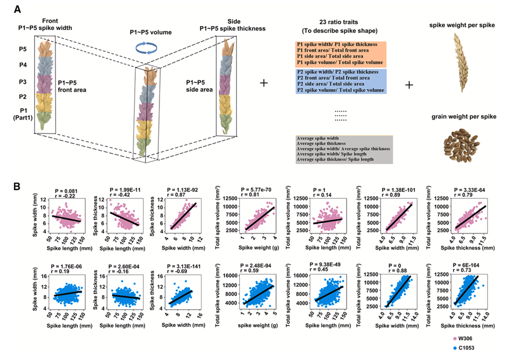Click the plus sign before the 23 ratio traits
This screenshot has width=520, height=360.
[264, 83]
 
